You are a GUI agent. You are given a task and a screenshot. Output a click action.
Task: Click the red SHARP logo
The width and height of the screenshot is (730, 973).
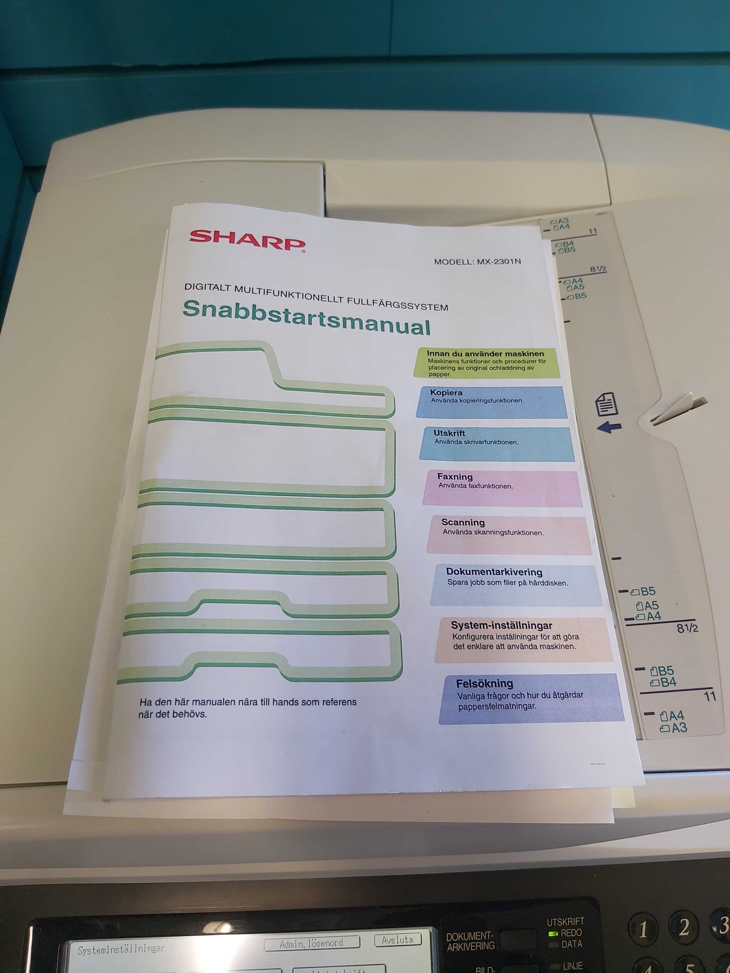(247, 241)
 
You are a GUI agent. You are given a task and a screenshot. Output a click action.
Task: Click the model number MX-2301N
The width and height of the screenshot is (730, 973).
(499, 262)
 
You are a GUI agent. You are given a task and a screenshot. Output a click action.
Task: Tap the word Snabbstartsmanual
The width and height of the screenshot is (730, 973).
(307, 317)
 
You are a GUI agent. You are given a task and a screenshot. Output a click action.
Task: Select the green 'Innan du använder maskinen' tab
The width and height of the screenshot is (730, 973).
(487, 363)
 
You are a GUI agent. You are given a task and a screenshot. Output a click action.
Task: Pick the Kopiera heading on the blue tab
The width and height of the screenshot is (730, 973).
(446, 392)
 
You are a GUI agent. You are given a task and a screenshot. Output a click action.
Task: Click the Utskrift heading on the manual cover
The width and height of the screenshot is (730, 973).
(449, 433)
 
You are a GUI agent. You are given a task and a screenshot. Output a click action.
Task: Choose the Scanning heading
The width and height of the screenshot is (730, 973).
(463, 522)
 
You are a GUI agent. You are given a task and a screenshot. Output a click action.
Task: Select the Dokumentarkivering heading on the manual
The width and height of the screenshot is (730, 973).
(494, 572)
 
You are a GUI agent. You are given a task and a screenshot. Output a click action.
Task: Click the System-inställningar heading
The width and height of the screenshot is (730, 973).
(502, 625)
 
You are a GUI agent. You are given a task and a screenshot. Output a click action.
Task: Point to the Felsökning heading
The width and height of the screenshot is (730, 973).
(485, 683)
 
